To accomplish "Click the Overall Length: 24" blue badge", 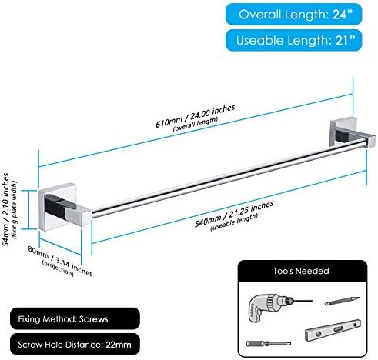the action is coord(294,15).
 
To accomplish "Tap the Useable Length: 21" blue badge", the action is coord(294,40).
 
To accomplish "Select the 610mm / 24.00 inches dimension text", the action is coord(196,116).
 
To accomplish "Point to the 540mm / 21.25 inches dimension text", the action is coord(234,214).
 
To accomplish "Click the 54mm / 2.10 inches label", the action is coord(5,209).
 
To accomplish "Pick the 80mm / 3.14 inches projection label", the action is coord(60,261).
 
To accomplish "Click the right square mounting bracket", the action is coord(352,133).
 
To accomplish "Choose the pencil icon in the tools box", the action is coord(343,301).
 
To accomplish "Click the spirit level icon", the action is coord(333,330).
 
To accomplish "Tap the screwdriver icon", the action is coord(269,343).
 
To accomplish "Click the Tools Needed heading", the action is coord(301,271).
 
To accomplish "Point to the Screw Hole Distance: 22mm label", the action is coord(75,345).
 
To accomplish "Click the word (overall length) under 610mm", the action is coord(196,124).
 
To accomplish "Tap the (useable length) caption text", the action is coord(234,222).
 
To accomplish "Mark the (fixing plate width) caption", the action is coord(14,210).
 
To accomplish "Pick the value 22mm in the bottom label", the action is coord(119,345).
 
